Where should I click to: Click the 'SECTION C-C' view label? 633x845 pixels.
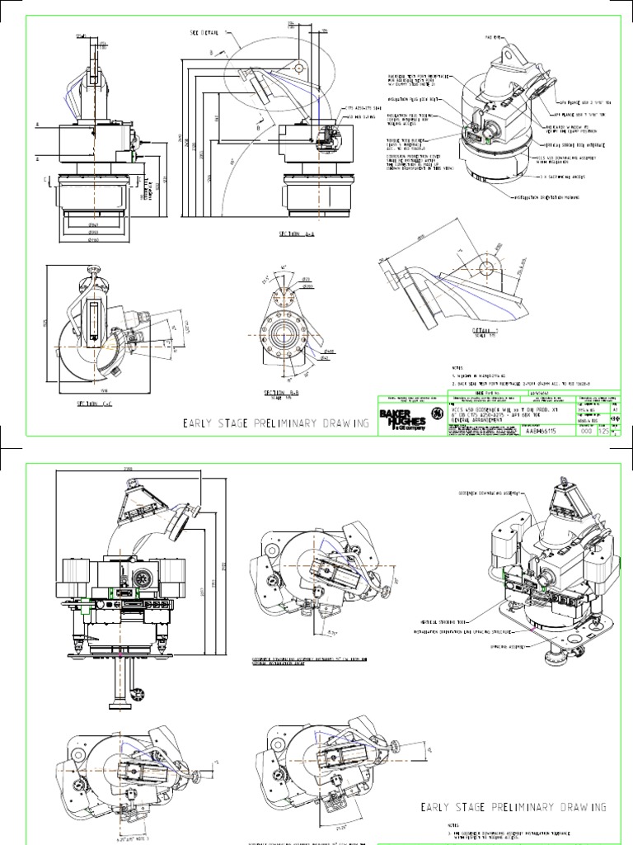[x=94, y=404]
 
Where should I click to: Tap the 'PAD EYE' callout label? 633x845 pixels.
[x=493, y=38]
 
